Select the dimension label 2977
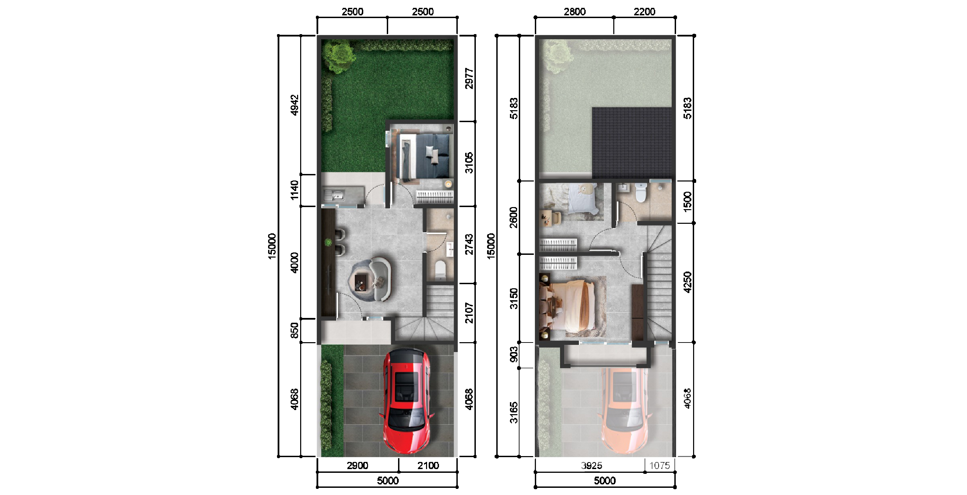point(469,78)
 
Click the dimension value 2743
point(469,244)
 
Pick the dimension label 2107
point(469,313)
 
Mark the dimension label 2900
point(357,466)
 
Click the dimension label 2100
point(428,466)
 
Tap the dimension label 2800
point(574,12)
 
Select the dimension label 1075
point(660,466)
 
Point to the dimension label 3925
point(591,466)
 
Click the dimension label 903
point(514,354)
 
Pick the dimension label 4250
point(687,282)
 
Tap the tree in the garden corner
point(339,56)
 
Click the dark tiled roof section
point(632,143)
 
